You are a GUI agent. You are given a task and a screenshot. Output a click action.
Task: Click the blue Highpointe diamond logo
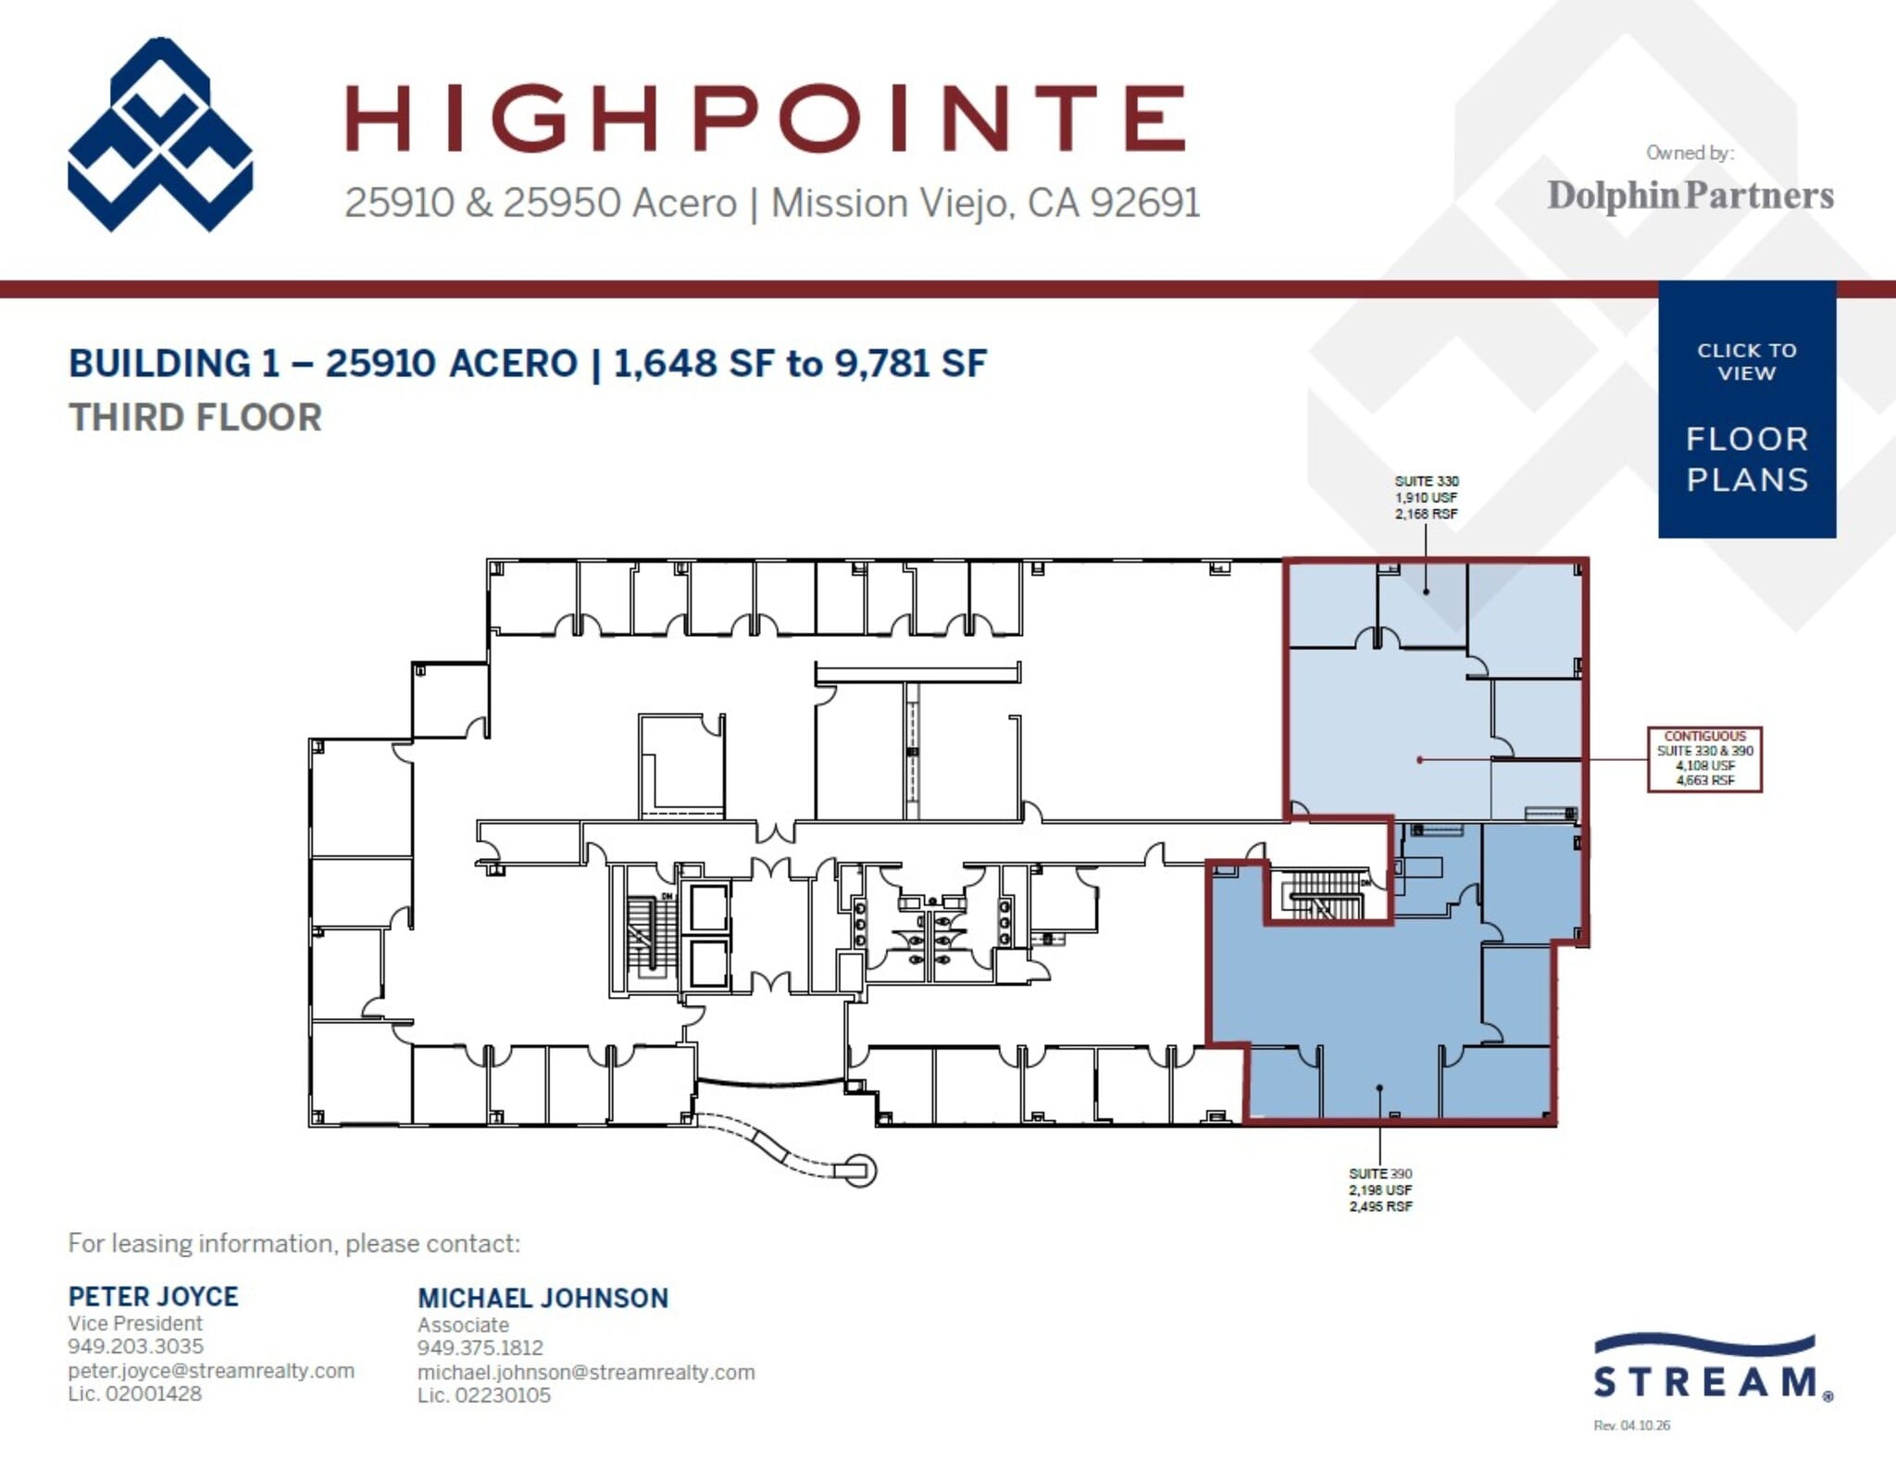[x=160, y=135]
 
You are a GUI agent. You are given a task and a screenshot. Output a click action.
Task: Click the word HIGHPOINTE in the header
[x=765, y=118]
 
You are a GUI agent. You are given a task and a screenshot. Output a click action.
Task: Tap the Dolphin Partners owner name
[x=1690, y=195]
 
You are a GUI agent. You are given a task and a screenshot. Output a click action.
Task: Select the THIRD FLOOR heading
[x=195, y=417]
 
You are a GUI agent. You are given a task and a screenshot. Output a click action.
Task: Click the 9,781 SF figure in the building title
[x=910, y=363]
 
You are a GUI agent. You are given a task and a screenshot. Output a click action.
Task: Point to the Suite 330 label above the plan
[x=1426, y=497]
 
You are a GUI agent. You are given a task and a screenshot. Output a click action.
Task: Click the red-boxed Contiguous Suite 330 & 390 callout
[x=1703, y=759]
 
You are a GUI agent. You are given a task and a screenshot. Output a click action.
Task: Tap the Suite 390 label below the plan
[x=1379, y=1190]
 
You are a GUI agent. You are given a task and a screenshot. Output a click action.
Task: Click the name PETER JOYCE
[x=153, y=1296]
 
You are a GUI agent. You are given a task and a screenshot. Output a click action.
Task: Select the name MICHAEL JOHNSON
[x=543, y=1298]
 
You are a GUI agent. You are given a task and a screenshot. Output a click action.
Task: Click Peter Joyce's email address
[x=210, y=1370]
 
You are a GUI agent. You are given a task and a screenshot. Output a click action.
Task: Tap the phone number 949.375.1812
[x=480, y=1348]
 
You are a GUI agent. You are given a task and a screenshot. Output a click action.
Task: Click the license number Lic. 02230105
[x=483, y=1395]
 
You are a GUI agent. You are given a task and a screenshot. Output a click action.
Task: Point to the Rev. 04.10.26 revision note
[x=1631, y=1426]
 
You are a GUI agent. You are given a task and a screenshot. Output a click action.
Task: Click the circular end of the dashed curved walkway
[x=861, y=1171]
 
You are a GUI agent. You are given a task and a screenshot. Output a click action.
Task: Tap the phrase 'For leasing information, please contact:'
[x=293, y=1243]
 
